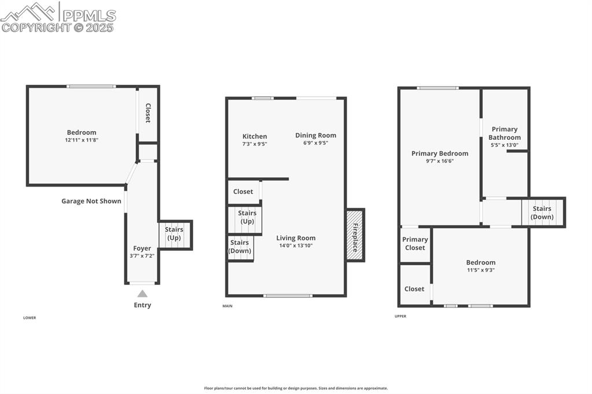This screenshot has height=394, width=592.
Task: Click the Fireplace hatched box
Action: [x=354, y=235]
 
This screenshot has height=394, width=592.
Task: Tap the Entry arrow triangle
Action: [x=142, y=293]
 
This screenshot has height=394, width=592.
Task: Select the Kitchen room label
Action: [x=254, y=136]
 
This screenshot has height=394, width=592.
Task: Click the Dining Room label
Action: [x=316, y=135]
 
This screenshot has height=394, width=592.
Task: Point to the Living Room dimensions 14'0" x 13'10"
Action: [x=295, y=246]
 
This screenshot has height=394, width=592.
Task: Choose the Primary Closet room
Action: [x=415, y=244]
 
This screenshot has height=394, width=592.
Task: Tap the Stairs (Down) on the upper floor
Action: [x=542, y=213]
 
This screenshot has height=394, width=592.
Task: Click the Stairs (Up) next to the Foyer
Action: [x=174, y=234]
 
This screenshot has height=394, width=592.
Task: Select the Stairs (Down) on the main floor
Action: [x=240, y=247]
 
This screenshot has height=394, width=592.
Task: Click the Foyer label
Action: [x=142, y=248]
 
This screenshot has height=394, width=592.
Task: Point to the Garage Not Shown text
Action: [x=91, y=201]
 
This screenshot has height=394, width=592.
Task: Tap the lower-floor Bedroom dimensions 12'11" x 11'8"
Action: [x=82, y=140]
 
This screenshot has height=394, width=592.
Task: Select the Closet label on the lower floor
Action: [x=148, y=113]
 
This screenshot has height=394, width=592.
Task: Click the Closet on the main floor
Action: [x=243, y=192]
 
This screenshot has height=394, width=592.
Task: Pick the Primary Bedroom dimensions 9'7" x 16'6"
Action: [x=440, y=161]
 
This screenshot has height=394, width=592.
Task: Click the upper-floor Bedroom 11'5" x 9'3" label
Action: [x=480, y=262]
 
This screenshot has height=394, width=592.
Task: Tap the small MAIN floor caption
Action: [x=227, y=306]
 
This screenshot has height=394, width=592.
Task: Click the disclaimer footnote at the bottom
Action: [x=295, y=388]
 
